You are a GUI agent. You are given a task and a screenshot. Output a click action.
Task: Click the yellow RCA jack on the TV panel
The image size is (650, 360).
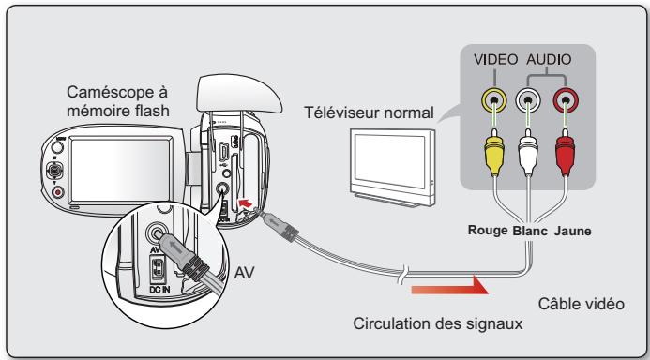[x=494, y=100]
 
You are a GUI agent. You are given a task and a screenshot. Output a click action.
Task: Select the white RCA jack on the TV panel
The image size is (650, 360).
[x=528, y=100]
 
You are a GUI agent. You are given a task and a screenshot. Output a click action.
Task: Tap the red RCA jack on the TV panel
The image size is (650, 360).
[x=566, y=100]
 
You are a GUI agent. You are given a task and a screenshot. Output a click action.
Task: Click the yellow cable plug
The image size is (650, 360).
[x=494, y=152]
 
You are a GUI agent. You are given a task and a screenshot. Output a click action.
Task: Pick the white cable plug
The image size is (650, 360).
[x=528, y=152]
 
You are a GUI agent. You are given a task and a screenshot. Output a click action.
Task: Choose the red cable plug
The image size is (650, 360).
[x=565, y=152]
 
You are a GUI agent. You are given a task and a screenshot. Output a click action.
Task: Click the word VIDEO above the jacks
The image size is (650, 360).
[x=496, y=60]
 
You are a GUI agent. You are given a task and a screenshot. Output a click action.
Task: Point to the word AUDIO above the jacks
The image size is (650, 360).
[x=549, y=60]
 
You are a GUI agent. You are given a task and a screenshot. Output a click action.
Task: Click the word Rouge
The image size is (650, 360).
[x=488, y=231]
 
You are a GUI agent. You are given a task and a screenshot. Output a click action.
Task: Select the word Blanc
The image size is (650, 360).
[x=530, y=231]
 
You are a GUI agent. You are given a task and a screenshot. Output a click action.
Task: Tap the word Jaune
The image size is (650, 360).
[x=572, y=231]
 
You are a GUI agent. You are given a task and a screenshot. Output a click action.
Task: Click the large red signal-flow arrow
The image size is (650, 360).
[x=450, y=286]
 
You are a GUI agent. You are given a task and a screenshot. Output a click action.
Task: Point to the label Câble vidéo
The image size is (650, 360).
[x=582, y=304]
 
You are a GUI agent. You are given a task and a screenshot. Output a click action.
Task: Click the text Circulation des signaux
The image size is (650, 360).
[x=438, y=323]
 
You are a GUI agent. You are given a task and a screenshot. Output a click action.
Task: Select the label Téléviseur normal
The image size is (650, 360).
[x=369, y=112]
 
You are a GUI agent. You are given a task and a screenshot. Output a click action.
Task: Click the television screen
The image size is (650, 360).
[x=389, y=160]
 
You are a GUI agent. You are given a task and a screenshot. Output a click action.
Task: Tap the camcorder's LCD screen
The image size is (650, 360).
[x=120, y=170]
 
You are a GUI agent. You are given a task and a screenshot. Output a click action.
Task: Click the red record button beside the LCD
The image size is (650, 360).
[x=57, y=192]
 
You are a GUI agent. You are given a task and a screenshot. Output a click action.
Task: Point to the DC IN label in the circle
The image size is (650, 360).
[x=159, y=289]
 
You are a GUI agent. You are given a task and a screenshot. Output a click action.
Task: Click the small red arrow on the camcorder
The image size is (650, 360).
[x=246, y=203]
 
